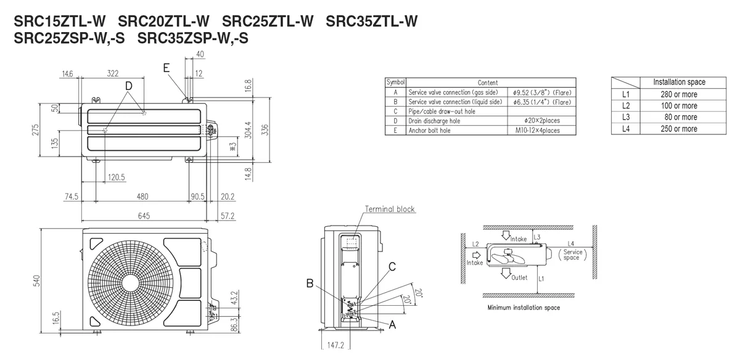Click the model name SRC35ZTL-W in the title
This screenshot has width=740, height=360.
click(372, 21)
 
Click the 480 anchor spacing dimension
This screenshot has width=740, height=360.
click(142, 196)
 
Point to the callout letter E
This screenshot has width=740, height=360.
click(166, 68)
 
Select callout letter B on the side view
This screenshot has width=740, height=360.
click(310, 284)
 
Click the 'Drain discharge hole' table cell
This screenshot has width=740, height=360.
click(434, 121)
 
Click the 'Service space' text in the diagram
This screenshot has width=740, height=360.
click(572, 255)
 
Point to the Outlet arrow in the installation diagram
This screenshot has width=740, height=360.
click(505, 274)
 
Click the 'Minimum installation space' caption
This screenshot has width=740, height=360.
click(524, 308)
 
